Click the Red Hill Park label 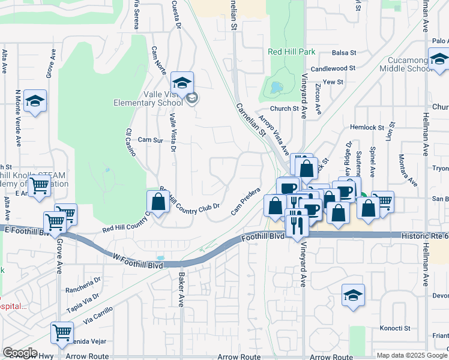point(291,52)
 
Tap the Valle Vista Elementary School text point(148,98)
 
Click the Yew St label point(332,82)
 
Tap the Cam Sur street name point(150,139)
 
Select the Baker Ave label point(181,289)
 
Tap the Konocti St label point(394,328)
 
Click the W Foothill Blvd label point(138,259)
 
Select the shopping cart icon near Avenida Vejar point(62,332)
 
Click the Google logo point(20,353)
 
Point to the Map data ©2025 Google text point(412,355)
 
